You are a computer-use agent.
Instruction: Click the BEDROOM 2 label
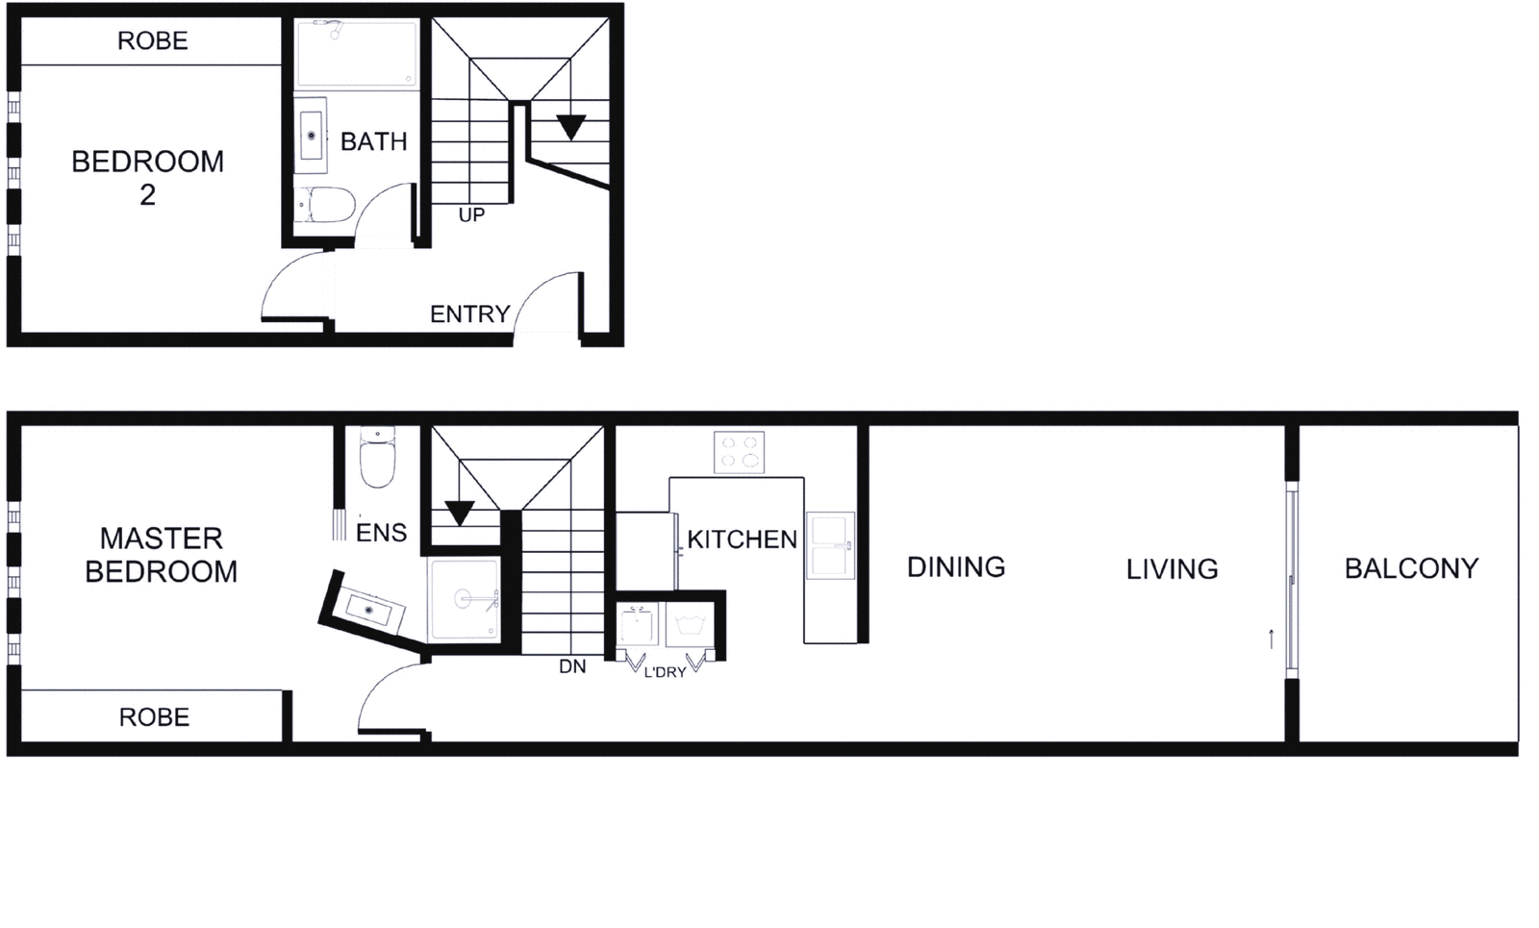[147, 177]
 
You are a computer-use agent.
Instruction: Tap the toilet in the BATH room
[324, 206]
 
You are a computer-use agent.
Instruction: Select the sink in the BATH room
[311, 136]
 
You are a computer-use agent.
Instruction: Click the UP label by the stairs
[471, 215]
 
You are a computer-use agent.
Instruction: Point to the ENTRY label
[469, 314]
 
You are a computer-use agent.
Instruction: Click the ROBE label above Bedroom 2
[152, 40]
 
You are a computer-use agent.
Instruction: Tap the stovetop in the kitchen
[739, 452]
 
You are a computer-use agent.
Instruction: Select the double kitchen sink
[830, 545]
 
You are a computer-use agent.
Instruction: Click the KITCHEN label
[742, 539]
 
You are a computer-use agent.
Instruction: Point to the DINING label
[956, 567]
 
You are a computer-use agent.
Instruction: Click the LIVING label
[1172, 569]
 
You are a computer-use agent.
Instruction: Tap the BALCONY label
[1411, 568]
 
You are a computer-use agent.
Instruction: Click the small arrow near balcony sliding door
[1272, 639]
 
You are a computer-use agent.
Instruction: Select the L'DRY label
[665, 672]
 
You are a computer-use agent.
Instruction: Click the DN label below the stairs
[572, 666]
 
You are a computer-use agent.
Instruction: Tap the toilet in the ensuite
[377, 460]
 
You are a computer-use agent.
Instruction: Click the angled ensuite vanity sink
[368, 610]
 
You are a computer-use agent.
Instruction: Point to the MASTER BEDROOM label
[162, 555]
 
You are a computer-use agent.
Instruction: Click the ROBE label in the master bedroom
[154, 717]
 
